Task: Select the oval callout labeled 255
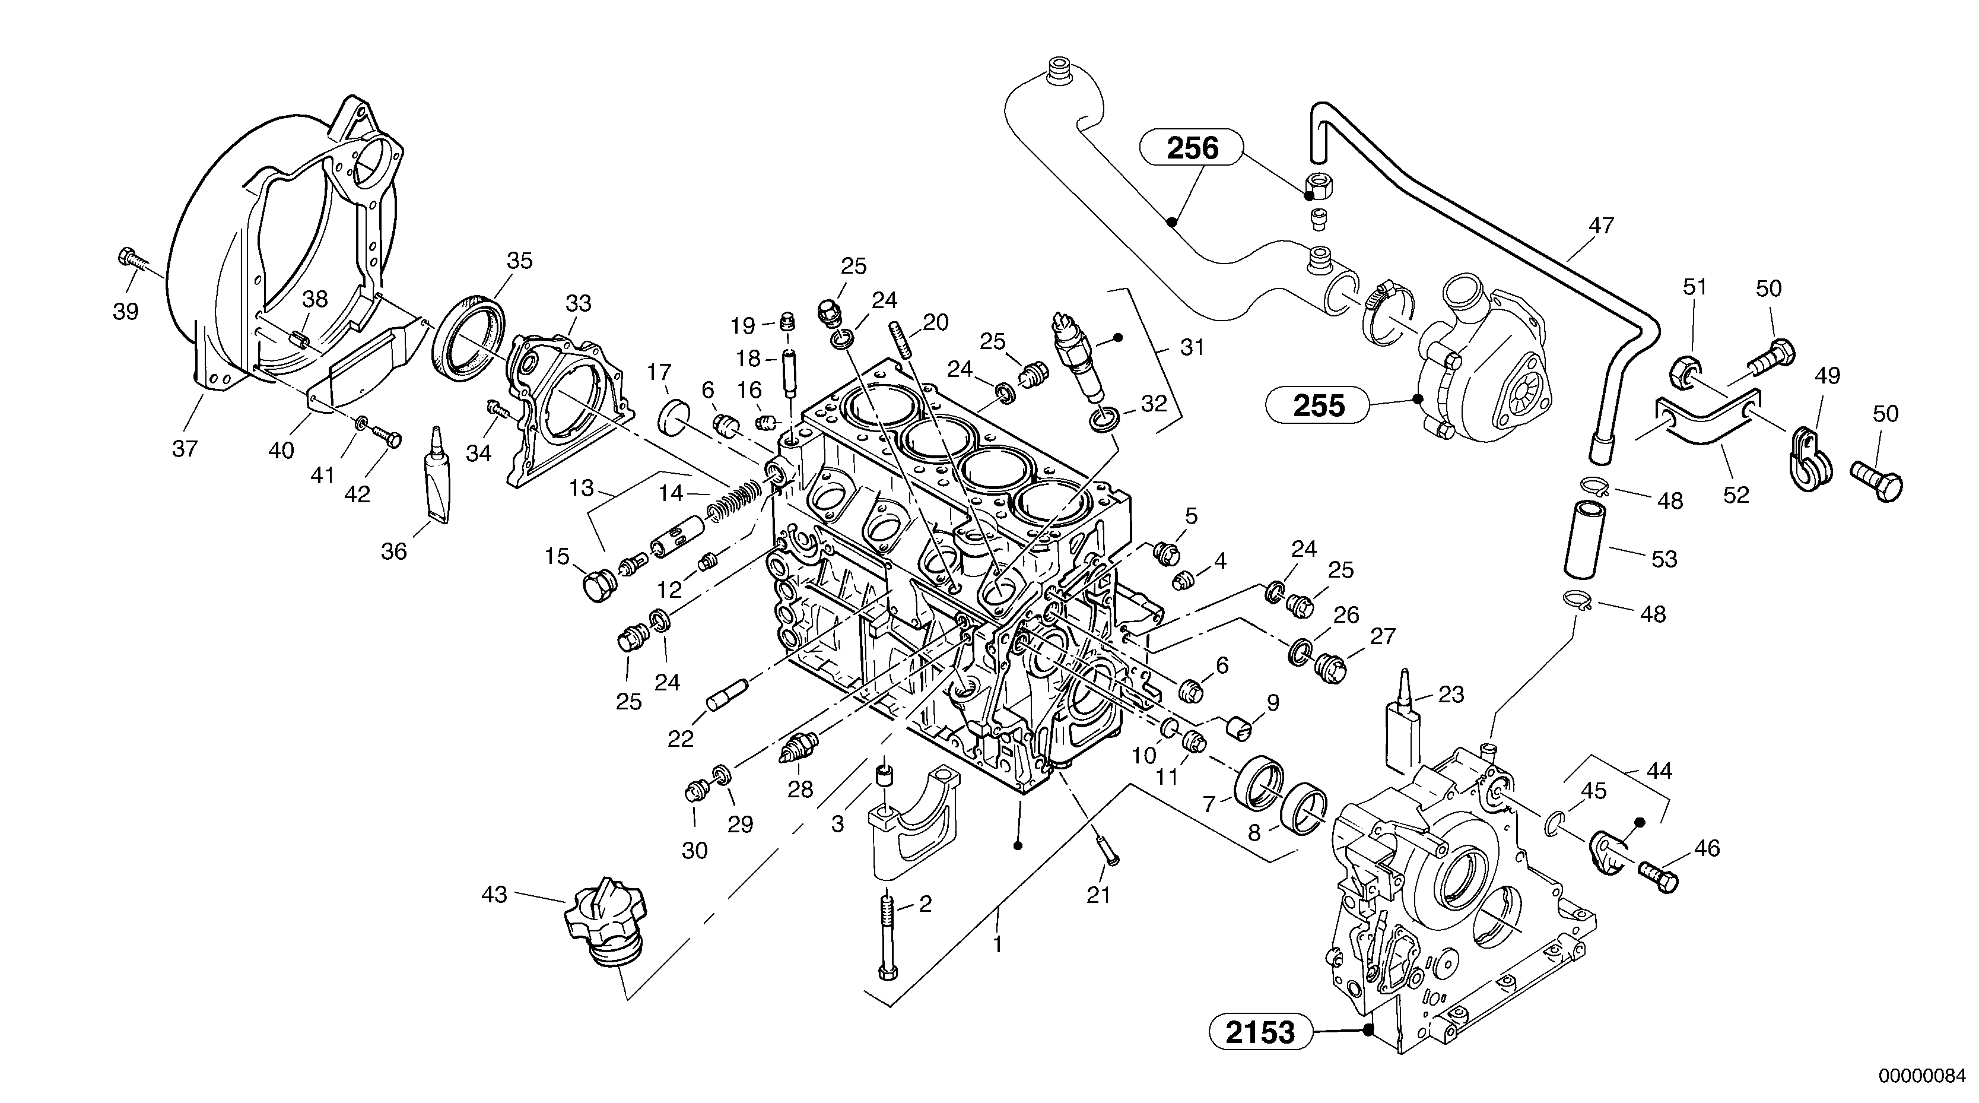coord(1319,405)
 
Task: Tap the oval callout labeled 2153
coord(1261,1032)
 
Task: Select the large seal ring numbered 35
coord(469,337)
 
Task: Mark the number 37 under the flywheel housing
coord(185,448)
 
